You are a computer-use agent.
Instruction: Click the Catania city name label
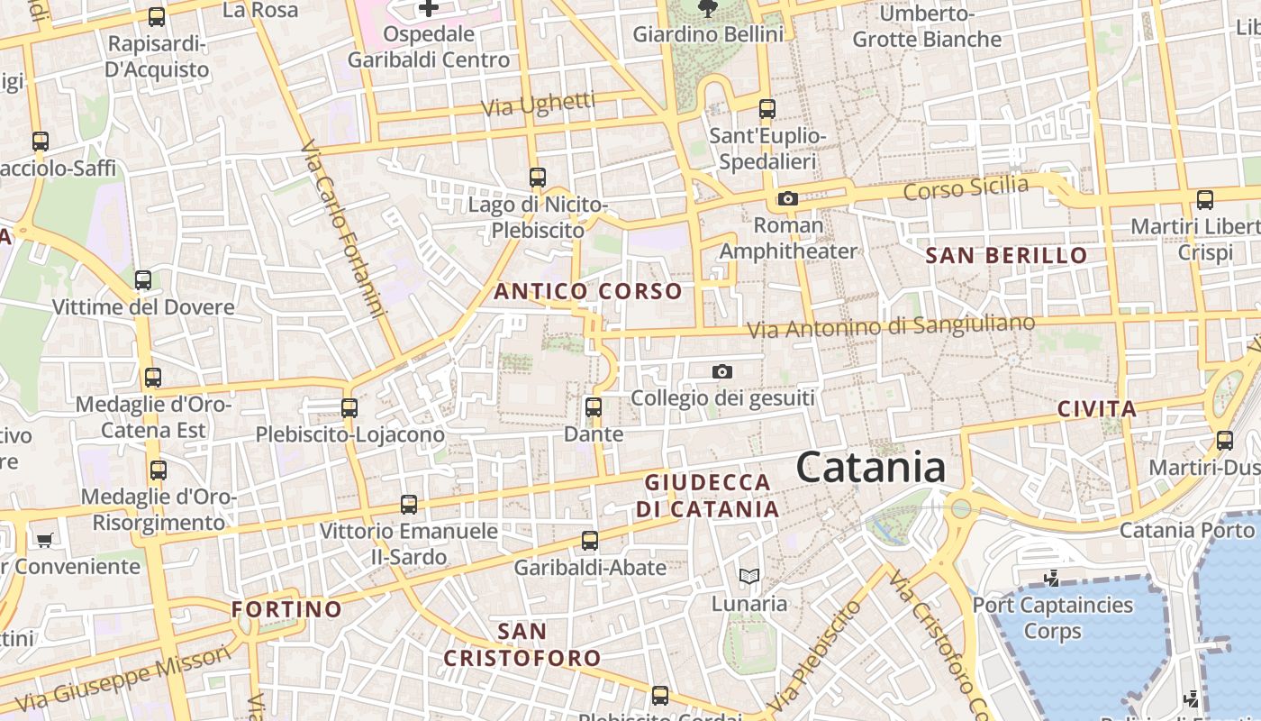[870, 468]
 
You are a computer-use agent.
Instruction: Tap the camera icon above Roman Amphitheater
[788, 199]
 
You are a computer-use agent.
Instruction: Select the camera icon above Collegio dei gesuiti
[721, 371]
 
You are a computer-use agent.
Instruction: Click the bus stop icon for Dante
[594, 406]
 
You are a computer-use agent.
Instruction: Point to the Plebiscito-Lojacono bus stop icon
[349, 407]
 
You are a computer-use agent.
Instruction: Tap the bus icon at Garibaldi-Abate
[590, 541]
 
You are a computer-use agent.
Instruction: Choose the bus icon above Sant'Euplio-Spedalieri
[767, 109]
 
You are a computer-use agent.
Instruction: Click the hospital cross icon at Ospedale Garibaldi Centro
[429, 9]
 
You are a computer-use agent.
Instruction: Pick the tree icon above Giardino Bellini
[708, 8]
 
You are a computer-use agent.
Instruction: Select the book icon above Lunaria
[748, 576]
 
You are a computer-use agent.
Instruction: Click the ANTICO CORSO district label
[588, 291]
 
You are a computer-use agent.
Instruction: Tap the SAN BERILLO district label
[1007, 256]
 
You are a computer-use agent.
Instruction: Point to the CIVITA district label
[1097, 409]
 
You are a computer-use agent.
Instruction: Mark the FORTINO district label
[286, 609]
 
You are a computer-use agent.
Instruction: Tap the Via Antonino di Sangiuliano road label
[892, 326]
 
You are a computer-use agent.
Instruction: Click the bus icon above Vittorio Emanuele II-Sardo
[409, 505]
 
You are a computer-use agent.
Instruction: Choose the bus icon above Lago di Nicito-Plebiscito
[538, 178]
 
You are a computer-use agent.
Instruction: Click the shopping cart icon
[45, 540]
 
